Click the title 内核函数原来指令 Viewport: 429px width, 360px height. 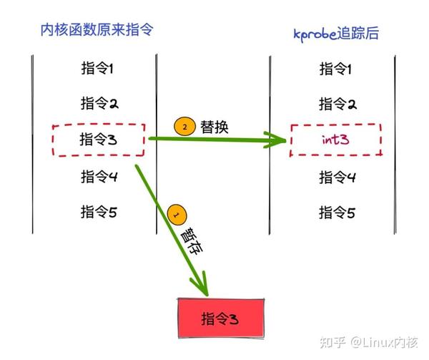[x=98, y=29]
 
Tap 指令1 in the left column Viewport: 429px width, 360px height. [x=98, y=69]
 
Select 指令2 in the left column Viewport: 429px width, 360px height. [x=98, y=103]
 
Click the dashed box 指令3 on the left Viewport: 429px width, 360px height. [x=98, y=140]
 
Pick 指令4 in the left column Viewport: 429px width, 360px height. [x=98, y=176]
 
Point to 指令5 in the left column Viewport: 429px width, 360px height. [x=98, y=211]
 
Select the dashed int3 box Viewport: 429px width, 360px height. [x=336, y=140]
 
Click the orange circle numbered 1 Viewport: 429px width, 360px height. [x=176, y=215]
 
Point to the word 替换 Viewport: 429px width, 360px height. [x=214, y=127]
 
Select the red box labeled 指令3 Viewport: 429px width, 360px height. [x=220, y=318]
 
